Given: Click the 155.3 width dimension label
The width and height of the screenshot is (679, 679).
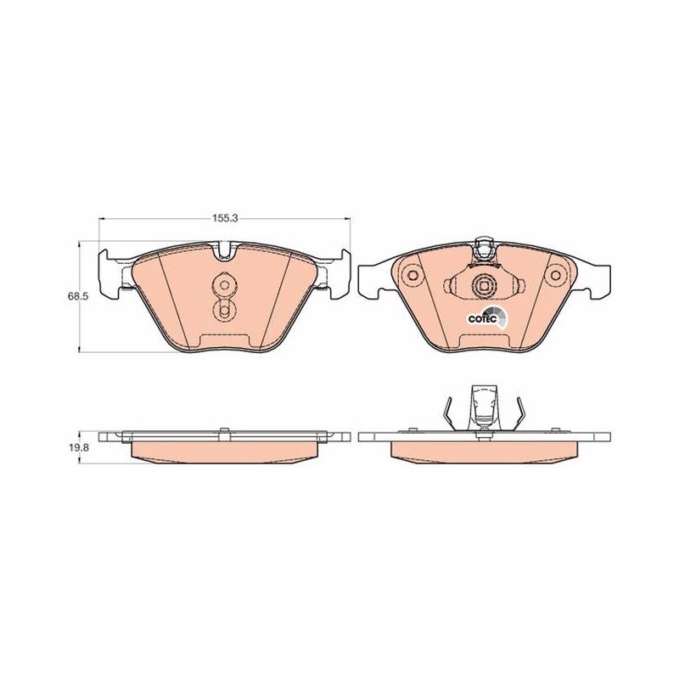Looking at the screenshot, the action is coord(225,218).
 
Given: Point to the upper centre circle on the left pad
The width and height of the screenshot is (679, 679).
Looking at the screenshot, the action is coord(224,285).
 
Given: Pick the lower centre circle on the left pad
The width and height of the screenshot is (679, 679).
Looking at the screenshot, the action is coord(224,311).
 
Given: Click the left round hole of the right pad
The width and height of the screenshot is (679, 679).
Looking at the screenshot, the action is coord(412,275).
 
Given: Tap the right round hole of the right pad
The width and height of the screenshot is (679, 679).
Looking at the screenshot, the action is coord(555,275).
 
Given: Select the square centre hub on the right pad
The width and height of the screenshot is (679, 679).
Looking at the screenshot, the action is coord(483,286).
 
